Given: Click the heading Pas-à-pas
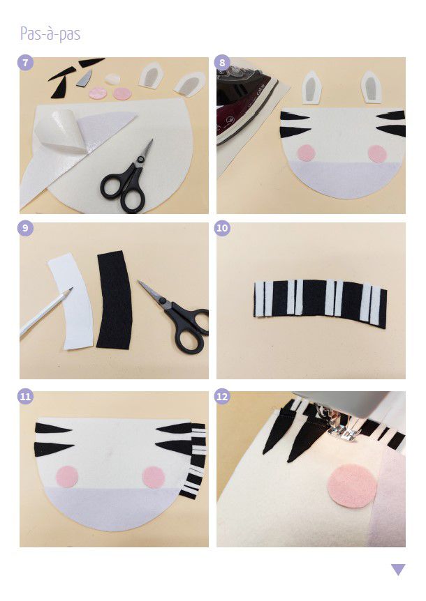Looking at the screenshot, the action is [50, 33].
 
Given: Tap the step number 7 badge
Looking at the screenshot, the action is [26, 63].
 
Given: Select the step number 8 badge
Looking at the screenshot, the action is [223, 63].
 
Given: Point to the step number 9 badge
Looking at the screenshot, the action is [26, 228].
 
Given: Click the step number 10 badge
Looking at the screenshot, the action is [223, 228].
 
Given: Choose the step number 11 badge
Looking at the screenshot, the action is [26, 396].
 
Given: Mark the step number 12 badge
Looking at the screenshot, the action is [223, 396].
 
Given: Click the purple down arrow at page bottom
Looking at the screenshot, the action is [398, 569].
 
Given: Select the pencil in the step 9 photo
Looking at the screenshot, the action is [44, 313].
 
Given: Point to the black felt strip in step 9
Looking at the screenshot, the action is [115, 300].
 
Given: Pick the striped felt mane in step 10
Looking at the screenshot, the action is [320, 303].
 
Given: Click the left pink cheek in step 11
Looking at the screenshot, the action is [67, 477].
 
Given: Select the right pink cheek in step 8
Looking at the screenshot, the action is [377, 153].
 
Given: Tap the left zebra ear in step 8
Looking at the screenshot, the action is [311, 87].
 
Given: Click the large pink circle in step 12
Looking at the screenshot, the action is [353, 486].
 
